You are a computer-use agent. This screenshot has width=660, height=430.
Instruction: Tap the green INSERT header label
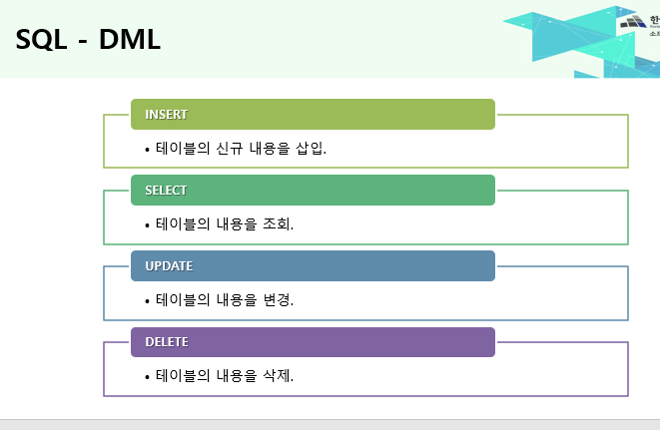(x=166, y=114)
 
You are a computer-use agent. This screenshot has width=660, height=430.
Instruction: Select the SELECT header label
(x=166, y=190)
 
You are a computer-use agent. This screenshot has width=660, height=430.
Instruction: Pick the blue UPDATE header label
(x=169, y=266)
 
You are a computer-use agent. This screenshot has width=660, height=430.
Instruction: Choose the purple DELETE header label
(x=167, y=342)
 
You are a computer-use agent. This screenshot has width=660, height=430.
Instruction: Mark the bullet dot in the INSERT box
(x=148, y=150)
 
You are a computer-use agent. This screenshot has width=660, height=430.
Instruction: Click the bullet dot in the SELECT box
(x=148, y=225)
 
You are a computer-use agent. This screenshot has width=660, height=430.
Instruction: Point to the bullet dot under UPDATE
(x=148, y=301)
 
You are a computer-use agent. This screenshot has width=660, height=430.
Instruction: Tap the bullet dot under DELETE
(x=148, y=378)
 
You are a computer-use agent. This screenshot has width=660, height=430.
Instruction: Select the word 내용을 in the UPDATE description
(x=238, y=299)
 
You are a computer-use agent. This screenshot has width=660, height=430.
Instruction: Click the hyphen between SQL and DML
(x=84, y=42)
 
